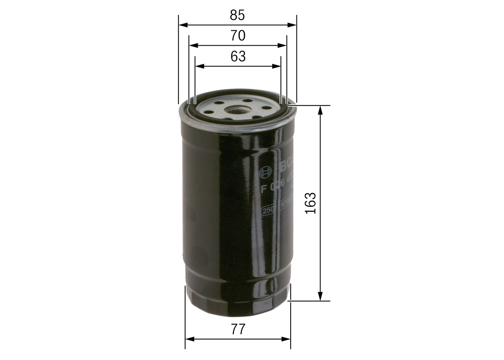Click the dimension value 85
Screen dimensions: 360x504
[x=237, y=15]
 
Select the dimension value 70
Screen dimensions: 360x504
[x=237, y=36]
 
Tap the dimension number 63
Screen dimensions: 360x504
[x=238, y=57]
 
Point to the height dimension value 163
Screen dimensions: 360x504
[x=311, y=203]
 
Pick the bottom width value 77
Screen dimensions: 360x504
[x=238, y=329]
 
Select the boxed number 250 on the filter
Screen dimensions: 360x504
[x=269, y=210]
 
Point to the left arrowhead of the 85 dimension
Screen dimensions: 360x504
[x=182, y=25]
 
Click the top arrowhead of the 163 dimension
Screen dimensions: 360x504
[x=321, y=110]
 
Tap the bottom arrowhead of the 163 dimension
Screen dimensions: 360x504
[x=321, y=297]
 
